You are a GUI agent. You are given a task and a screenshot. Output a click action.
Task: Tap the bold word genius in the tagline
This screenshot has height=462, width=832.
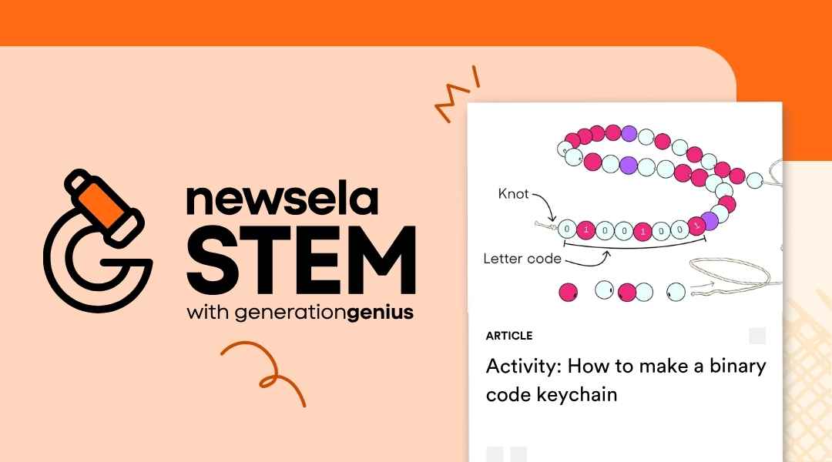(x=381, y=314)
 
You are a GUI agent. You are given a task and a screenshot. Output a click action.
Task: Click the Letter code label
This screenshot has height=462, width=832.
(x=522, y=258)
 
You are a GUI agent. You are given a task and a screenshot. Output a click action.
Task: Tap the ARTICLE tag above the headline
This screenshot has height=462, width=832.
(x=509, y=336)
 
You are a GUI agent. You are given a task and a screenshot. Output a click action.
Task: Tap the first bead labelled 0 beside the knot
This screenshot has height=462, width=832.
(x=568, y=229)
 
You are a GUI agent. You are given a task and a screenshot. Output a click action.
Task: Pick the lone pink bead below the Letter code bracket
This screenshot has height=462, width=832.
(x=568, y=292)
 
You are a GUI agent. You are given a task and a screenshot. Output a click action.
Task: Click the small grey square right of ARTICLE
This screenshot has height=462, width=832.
(x=757, y=336)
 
